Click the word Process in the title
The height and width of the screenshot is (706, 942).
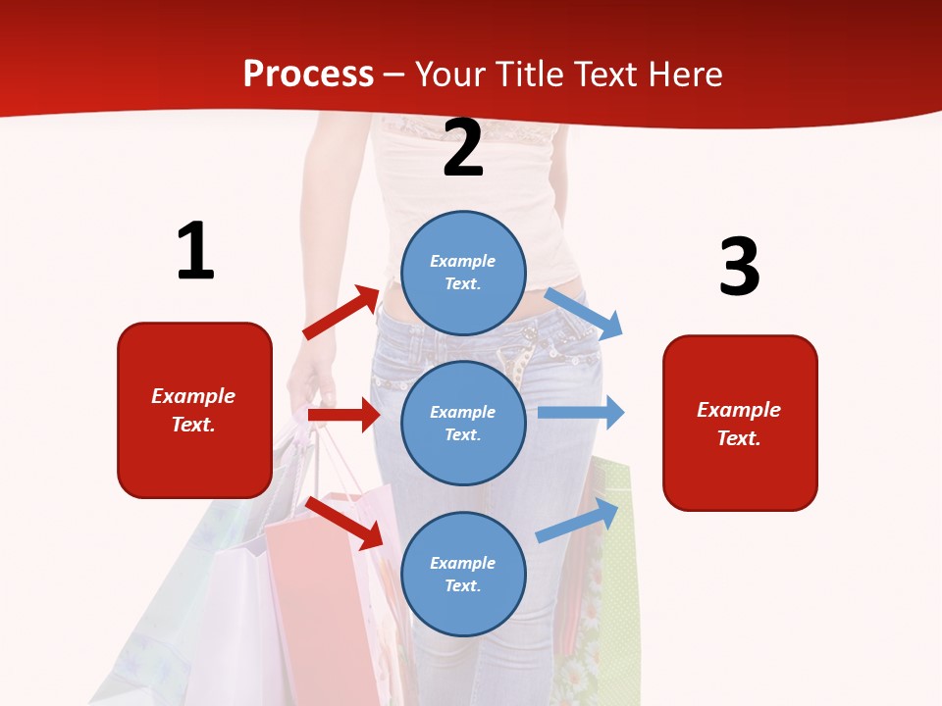[308, 75]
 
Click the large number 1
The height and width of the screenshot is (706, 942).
[195, 252]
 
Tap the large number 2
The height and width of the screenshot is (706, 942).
[463, 149]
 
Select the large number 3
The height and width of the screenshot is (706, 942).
[739, 268]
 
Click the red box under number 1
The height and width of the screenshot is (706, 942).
[194, 410]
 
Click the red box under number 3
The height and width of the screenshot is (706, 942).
[740, 423]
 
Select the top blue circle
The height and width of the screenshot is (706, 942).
[463, 273]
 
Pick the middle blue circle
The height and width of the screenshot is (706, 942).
[463, 423]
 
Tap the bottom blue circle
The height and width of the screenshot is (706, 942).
[463, 574]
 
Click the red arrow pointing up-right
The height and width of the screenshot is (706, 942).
[341, 312]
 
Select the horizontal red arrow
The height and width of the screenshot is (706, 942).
[343, 415]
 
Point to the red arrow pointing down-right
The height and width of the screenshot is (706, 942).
[343, 522]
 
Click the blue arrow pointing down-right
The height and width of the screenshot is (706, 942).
[585, 313]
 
